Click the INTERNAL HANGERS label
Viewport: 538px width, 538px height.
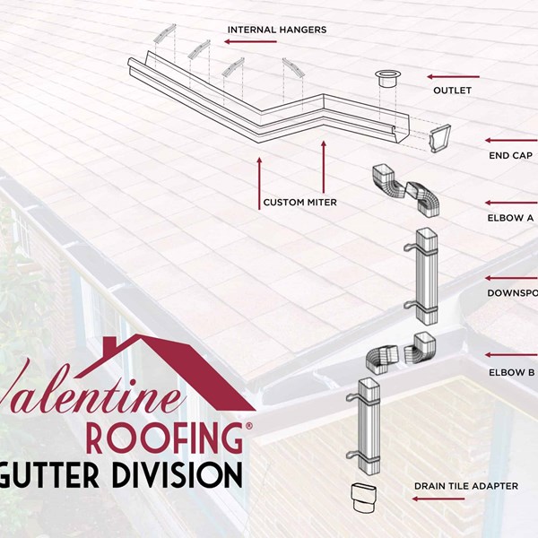(x=276, y=30)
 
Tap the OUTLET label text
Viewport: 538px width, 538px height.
(x=452, y=91)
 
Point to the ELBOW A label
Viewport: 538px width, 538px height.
(x=511, y=217)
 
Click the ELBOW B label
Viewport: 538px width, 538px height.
(x=511, y=372)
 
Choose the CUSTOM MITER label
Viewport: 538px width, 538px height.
(x=299, y=203)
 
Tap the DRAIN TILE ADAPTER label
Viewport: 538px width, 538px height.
(x=465, y=486)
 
